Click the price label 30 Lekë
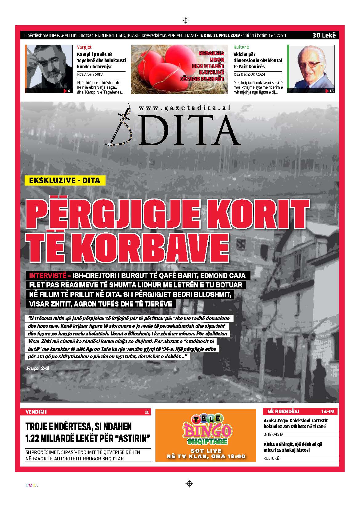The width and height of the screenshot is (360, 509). pyautogui.click(x=324, y=35)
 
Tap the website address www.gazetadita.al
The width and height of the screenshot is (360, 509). pyautogui.click(x=185, y=108)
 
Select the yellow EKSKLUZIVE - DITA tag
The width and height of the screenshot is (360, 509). pyautogui.click(x=65, y=180)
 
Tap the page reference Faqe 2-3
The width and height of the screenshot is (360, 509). pyautogui.click(x=38, y=368)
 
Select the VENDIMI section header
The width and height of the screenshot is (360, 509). pyautogui.click(x=36, y=411)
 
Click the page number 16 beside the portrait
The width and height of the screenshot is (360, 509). pyautogui.click(x=331, y=91)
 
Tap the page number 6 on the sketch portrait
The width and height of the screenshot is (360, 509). pyautogui.click(x=68, y=91)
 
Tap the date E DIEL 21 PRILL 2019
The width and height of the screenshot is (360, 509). pyautogui.click(x=220, y=35)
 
